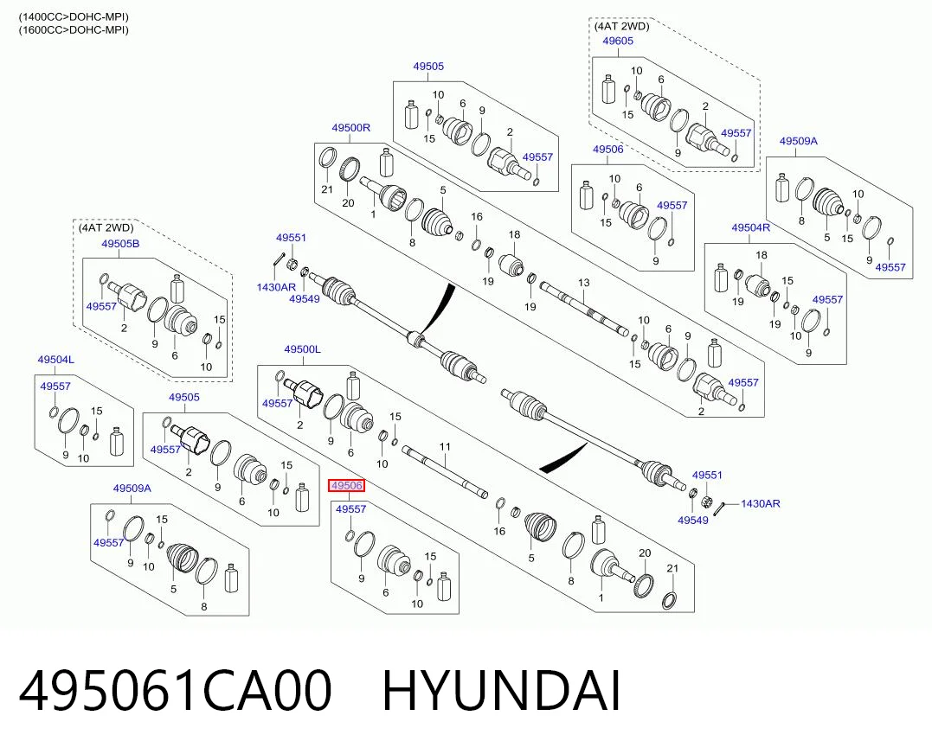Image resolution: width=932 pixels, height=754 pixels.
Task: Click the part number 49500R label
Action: tap(350, 128)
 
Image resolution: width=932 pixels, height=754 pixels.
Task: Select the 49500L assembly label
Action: tap(303, 349)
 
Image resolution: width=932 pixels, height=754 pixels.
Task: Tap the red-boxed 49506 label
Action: tap(347, 486)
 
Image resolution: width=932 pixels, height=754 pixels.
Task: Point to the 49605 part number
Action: tap(618, 41)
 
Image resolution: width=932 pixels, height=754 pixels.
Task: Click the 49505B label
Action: tap(120, 244)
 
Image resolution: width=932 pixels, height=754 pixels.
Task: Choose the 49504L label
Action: tap(56, 360)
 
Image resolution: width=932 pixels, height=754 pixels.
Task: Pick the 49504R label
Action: tap(751, 227)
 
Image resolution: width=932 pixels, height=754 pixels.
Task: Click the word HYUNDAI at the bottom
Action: tap(501, 690)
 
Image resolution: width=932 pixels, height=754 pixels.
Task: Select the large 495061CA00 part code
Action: tap(176, 690)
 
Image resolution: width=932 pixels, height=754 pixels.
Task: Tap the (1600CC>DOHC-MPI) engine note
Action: tap(74, 29)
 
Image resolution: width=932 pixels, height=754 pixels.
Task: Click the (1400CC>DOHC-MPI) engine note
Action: tap(74, 17)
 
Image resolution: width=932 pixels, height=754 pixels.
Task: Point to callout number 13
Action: tap(583, 283)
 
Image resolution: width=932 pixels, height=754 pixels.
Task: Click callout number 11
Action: tap(445, 447)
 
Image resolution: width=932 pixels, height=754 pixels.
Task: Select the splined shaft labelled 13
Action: tap(584, 309)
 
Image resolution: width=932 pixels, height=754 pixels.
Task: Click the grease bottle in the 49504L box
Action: tap(117, 442)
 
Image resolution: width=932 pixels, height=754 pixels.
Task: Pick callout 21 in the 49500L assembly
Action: tap(672, 568)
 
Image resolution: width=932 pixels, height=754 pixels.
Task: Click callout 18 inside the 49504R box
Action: tap(762, 255)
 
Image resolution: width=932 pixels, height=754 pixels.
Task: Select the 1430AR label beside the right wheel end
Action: tap(760, 503)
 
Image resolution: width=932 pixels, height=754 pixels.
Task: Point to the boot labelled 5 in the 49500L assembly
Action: tap(540, 526)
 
